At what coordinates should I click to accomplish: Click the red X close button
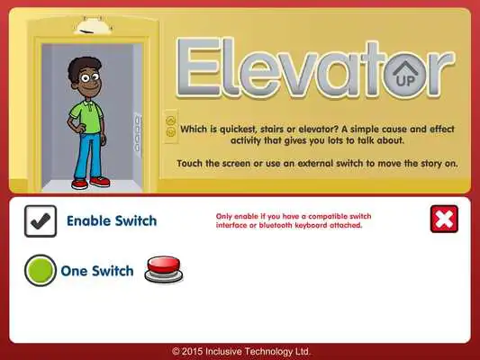coord(444,220)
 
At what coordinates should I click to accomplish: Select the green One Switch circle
coord(41,271)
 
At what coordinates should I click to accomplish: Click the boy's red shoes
coord(90,183)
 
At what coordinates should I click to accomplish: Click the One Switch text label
coord(97,271)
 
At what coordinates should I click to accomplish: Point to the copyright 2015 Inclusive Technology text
coord(241,350)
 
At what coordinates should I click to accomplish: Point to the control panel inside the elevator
coord(137,131)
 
